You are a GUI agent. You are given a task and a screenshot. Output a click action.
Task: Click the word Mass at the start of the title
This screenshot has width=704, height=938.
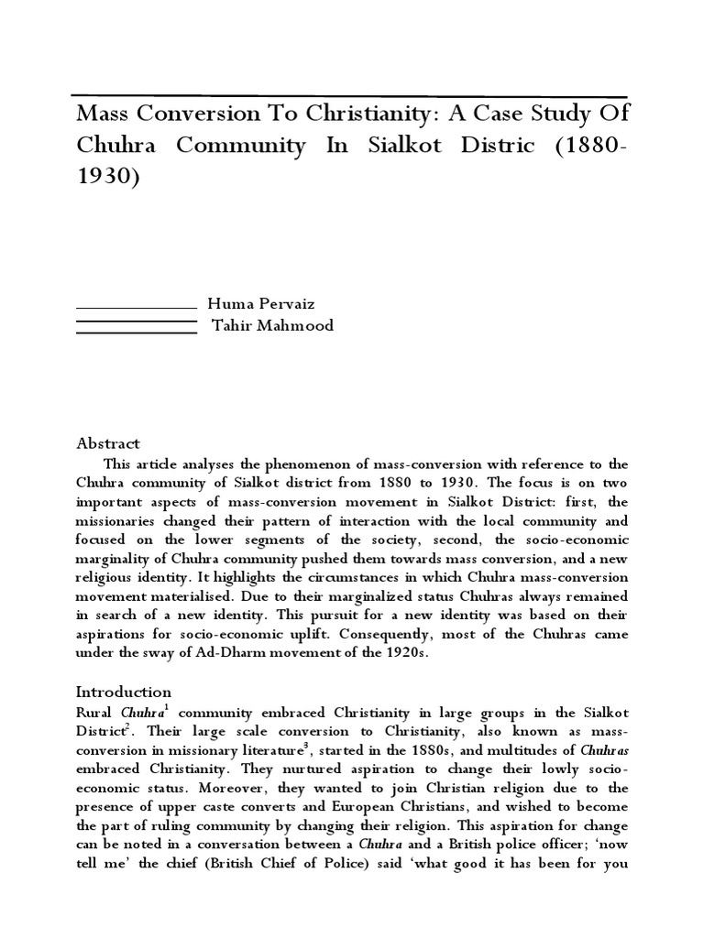100,115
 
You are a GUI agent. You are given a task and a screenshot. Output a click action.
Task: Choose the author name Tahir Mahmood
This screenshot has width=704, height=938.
273,325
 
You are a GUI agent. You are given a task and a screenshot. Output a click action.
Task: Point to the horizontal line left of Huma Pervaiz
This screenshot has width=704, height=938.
136,307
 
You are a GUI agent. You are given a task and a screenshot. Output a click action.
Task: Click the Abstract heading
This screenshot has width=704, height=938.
107,442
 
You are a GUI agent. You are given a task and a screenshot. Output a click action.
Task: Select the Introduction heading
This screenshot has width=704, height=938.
123,692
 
